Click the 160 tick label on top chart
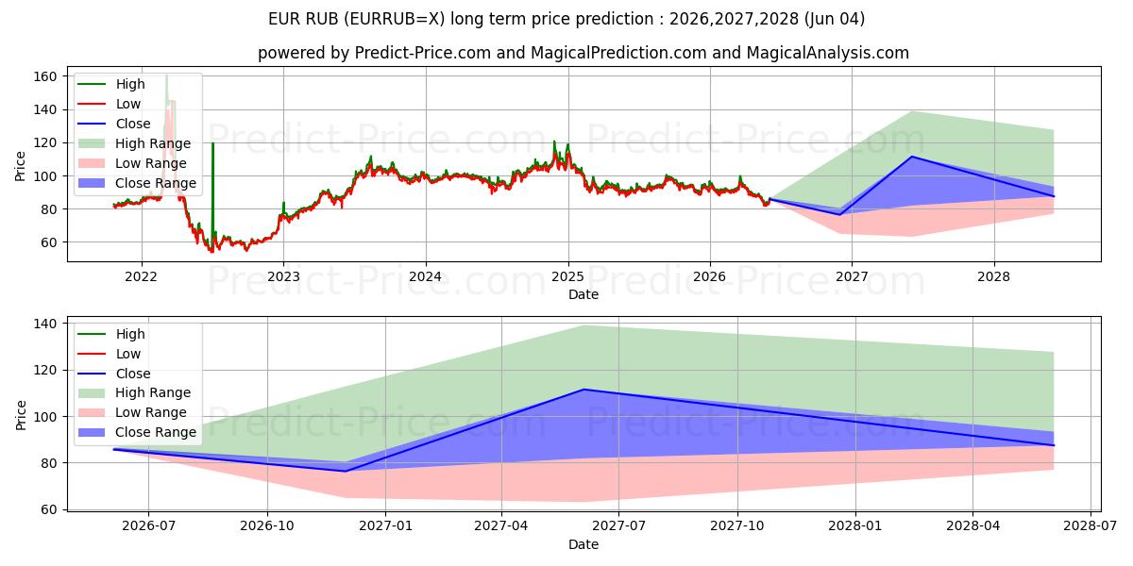coord(44,76)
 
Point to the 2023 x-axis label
coord(283,277)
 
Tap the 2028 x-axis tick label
coord(993,277)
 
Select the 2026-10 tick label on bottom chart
coord(267,526)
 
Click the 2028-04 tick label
coord(972,526)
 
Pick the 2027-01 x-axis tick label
coord(385,526)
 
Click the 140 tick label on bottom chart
coord(44,324)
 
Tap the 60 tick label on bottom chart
coord(48,510)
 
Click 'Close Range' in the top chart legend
coord(156,183)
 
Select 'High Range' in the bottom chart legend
coord(153,392)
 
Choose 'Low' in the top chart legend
coord(128,104)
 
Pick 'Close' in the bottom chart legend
coord(133,374)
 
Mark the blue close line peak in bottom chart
coord(584,389)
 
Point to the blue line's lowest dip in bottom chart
coord(346,472)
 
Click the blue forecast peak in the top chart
coord(912,157)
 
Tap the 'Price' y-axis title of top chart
coord(20,166)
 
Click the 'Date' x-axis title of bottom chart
coord(583,544)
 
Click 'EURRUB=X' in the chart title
coord(397,19)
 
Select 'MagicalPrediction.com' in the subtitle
coord(618,53)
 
